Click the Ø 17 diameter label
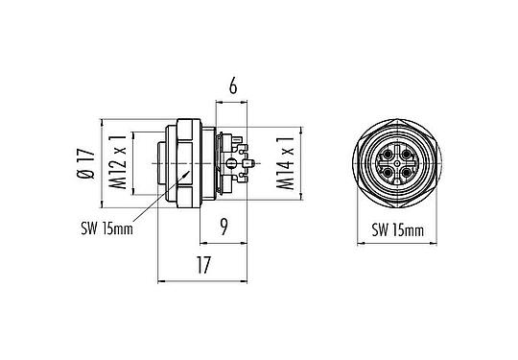click(84, 162)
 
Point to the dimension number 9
click(223, 229)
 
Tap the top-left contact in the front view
click(386, 153)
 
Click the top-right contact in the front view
click(406, 153)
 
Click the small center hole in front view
click(396, 163)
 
